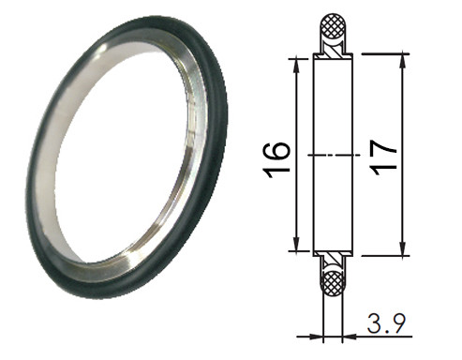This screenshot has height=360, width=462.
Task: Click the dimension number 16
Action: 277,160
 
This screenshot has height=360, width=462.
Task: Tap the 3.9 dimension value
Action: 386,323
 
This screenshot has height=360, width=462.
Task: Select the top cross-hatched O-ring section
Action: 333,26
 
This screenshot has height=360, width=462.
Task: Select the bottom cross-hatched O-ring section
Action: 333,283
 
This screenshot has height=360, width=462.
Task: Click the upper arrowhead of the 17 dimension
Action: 403,61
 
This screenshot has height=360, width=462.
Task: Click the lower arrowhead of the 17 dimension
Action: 403,248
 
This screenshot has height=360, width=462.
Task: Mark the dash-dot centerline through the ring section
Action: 335,155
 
